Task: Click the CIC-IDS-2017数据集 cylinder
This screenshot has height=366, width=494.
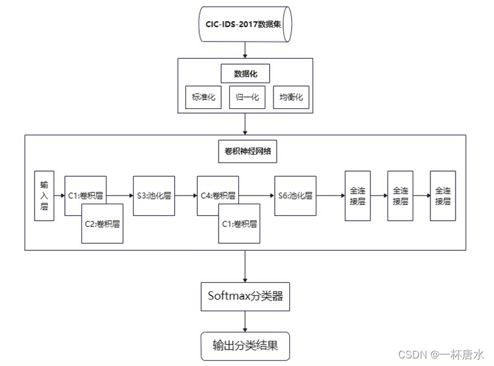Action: (245, 24)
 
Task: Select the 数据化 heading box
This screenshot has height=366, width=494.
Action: (245, 73)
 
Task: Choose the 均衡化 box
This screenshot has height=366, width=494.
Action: (290, 97)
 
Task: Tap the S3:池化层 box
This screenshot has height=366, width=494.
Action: (154, 196)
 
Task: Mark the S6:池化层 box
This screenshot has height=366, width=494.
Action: (296, 196)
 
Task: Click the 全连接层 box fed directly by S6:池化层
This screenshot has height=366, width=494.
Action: (357, 196)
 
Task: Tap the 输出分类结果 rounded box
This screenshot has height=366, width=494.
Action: (245, 345)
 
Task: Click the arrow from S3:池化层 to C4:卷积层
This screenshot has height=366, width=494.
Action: (186, 196)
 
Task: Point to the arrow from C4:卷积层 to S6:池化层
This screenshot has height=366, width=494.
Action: (258, 196)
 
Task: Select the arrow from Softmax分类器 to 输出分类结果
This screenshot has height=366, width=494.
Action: (245, 321)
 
